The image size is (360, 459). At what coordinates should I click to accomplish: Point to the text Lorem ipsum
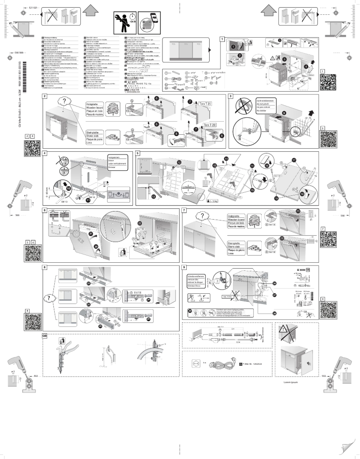point(291,382)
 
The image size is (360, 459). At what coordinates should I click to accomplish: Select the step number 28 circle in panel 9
point(273,313)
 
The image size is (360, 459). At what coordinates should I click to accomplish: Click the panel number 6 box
point(45,210)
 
